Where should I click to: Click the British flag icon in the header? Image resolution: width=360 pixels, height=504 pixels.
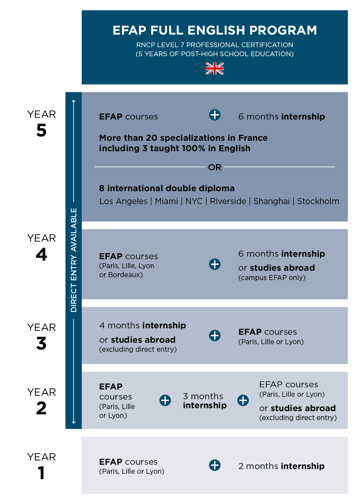[x=215, y=68]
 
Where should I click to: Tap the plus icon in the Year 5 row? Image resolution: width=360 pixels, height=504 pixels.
[x=215, y=115]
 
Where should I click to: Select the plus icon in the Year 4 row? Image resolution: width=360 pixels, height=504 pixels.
[x=215, y=264]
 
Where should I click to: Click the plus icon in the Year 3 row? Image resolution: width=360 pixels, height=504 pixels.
[x=215, y=336]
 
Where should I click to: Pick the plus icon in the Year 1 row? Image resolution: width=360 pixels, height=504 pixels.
[x=215, y=465]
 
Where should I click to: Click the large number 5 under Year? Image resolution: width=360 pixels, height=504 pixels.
[x=41, y=130]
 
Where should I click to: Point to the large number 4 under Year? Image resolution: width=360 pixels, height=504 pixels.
[x=41, y=255]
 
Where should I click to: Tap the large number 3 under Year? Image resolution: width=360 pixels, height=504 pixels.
[x=41, y=343]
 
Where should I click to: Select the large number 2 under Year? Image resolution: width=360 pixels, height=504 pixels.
[x=41, y=408]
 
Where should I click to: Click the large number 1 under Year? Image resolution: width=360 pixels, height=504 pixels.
[x=42, y=473]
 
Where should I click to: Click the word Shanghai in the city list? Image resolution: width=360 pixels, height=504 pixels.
[x=271, y=201]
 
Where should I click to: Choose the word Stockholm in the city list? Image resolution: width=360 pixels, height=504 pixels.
[x=318, y=201]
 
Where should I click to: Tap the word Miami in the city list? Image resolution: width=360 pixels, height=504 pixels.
[x=166, y=201]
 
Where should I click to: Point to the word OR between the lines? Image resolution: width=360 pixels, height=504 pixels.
[x=215, y=167]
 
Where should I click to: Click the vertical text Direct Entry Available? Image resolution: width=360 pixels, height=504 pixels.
[x=74, y=260]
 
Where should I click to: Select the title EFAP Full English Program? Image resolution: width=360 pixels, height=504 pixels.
[x=215, y=30]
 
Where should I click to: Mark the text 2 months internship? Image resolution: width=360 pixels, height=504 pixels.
[x=281, y=466]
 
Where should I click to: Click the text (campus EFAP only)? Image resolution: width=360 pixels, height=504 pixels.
[x=272, y=278]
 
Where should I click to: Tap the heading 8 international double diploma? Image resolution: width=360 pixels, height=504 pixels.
[x=167, y=188]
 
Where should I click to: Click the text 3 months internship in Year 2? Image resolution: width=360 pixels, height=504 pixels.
[x=204, y=401]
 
